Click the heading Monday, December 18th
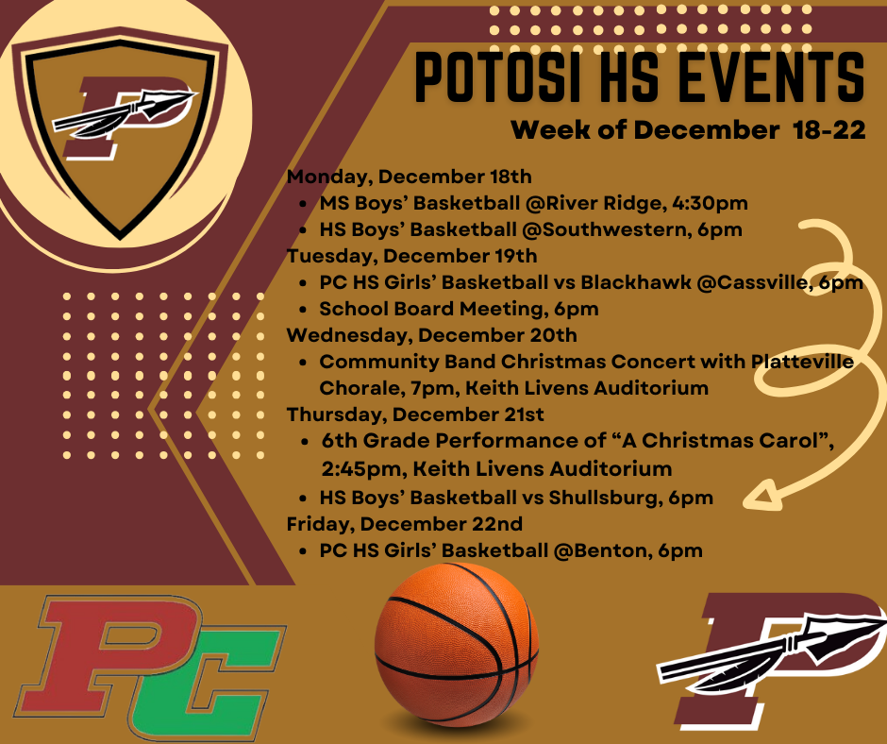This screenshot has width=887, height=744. coord(410,177)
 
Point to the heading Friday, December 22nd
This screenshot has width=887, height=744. coord(405,523)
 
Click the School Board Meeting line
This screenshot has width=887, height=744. coord(459,309)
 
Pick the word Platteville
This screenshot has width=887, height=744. coord(803,362)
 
